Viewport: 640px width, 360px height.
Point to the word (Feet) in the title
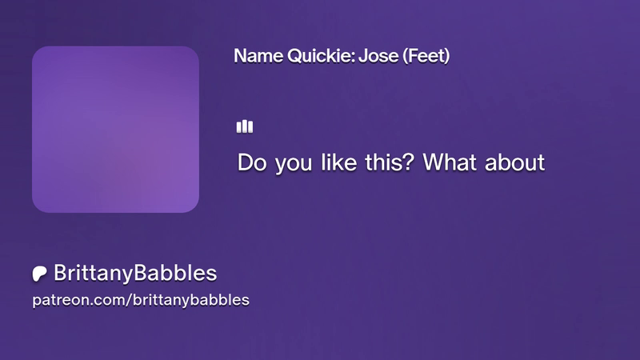pos(426,56)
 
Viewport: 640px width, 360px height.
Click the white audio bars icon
pos(245,126)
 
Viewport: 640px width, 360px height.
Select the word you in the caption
pos(293,164)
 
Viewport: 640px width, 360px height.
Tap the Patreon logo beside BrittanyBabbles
pos(39,274)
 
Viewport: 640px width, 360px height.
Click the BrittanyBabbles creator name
pos(135,273)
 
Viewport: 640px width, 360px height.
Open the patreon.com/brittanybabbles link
pos(141,300)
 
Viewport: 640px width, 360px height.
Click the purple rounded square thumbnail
pos(115,130)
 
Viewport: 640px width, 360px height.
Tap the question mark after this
pos(409,162)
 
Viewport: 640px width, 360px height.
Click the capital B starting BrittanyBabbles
pos(61,273)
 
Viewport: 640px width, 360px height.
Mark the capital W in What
pos(434,162)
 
